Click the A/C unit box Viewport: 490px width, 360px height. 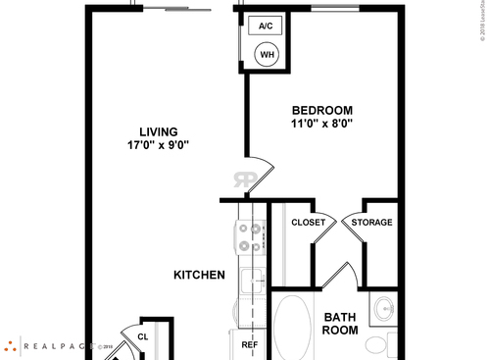click(265, 27)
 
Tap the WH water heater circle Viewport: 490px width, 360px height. click(268, 56)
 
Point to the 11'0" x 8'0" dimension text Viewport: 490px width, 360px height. click(321, 125)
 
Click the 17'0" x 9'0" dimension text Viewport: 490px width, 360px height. click(157, 144)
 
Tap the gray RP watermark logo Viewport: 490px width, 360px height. click(244, 180)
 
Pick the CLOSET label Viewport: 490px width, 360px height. click(309, 223)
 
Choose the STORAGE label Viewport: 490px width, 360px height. click(372, 223)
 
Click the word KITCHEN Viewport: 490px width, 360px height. click(200, 275)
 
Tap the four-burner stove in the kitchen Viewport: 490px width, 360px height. click(250, 235)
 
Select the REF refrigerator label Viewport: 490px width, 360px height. click(250, 344)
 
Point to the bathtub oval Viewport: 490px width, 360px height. click(292, 329)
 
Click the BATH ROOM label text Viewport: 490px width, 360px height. click(340, 323)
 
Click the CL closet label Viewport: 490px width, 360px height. click(142, 336)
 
